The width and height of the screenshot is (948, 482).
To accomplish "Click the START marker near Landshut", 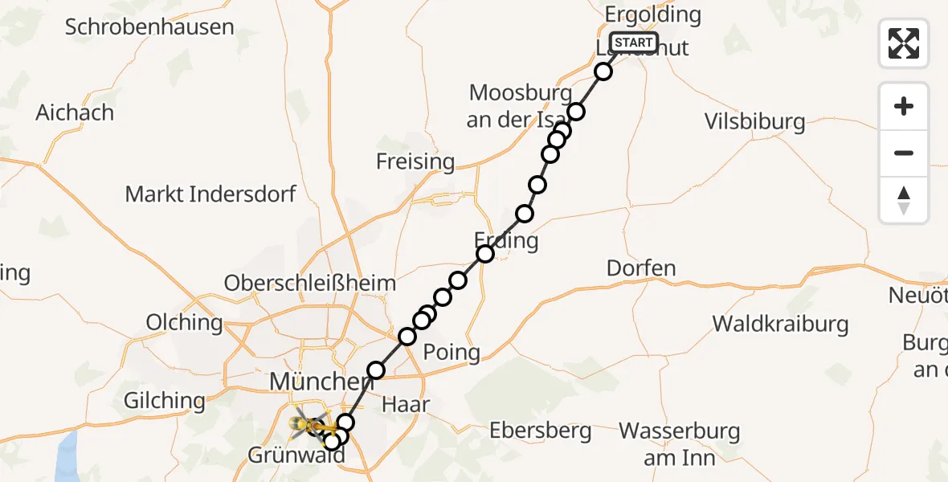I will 634,43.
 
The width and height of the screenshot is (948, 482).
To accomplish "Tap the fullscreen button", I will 904,43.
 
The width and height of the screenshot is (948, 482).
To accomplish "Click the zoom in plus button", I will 904,106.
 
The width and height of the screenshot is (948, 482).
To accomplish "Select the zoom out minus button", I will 904,153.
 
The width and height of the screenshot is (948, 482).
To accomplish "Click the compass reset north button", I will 904,200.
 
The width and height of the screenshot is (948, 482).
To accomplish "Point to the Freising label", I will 415,161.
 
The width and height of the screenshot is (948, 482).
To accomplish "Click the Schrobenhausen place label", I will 149,27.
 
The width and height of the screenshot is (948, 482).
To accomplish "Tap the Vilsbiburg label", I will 754,122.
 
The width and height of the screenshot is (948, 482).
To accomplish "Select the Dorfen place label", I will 641,268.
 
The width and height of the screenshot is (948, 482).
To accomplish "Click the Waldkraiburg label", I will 781,324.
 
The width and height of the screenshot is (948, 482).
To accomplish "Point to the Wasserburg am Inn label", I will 680,443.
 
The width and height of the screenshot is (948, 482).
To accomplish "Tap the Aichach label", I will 75,112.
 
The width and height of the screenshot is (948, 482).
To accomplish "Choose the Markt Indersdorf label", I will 210,194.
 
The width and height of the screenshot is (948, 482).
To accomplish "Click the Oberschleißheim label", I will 310,283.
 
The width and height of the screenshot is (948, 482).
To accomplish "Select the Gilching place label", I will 165,400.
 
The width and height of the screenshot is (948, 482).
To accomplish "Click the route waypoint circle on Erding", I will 485,254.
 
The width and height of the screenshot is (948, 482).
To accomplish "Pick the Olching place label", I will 184,322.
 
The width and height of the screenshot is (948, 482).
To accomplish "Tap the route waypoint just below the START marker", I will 603,71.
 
